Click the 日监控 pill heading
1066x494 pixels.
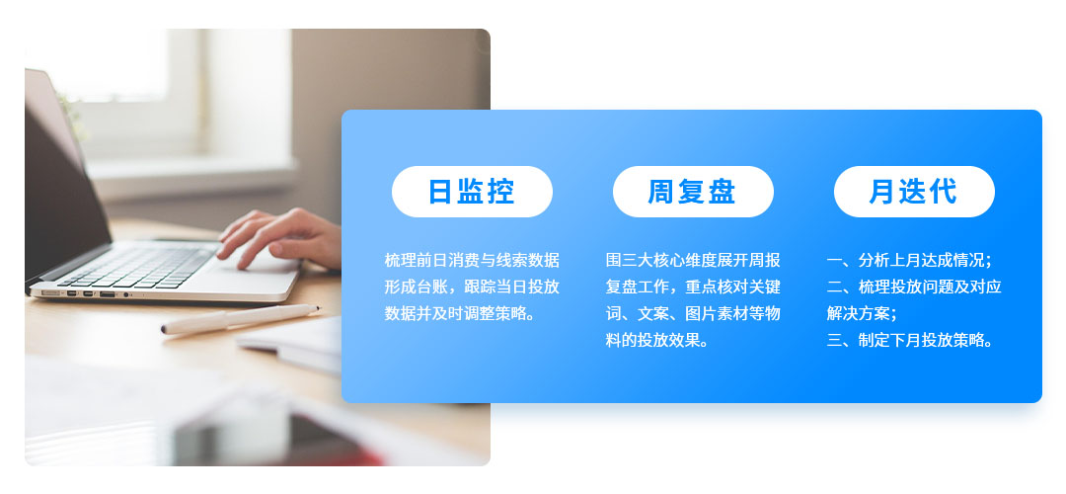(x=472, y=192)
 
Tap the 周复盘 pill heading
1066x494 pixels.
(x=692, y=192)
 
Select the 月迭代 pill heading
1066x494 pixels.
(x=913, y=192)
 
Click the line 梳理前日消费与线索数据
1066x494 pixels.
(x=472, y=261)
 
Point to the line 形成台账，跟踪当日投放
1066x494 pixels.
(x=472, y=288)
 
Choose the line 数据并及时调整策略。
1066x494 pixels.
(x=459, y=314)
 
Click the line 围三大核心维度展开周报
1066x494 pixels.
(x=693, y=261)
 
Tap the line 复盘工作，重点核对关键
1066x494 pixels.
(x=693, y=288)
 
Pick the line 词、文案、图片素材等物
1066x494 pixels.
(x=693, y=314)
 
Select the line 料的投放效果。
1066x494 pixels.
(x=656, y=341)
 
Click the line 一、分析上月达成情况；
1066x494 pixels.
(x=909, y=261)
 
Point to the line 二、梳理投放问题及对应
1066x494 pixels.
(x=914, y=288)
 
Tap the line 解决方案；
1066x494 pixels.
(x=862, y=314)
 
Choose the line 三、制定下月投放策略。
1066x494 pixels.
(x=909, y=341)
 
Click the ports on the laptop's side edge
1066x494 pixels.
(x=94, y=293)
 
